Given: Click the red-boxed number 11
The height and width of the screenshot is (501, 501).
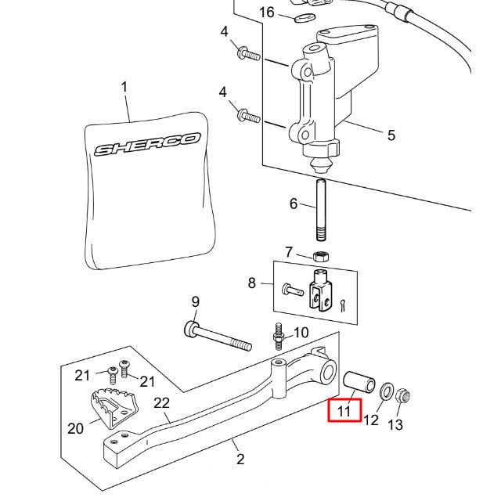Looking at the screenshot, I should click(x=344, y=410).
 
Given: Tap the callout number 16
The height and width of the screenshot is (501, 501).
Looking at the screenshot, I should click(x=267, y=13).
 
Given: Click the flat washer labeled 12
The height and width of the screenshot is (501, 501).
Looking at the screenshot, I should click(x=386, y=391).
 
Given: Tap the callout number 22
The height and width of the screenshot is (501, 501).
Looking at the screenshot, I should click(x=162, y=403).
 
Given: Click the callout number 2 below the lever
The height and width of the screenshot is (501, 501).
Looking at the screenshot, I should click(x=240, y=460).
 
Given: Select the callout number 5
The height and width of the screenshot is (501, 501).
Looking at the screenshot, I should click(x=391, y=135).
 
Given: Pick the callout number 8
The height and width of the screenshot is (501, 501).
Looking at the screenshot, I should click(x=252, y=283).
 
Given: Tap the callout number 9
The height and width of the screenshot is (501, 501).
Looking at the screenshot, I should click(x=195, y=301).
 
